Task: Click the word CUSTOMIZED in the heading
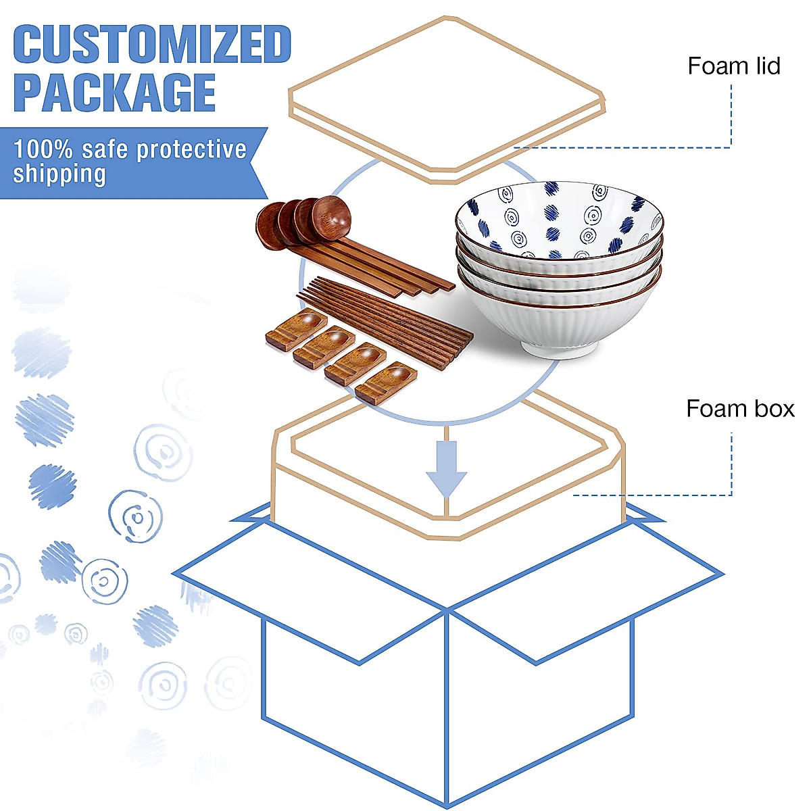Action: [152, 45]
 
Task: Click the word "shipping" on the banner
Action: [59, 174]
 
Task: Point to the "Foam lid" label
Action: [734, 66]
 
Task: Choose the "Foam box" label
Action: [740, 408]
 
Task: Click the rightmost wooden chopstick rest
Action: [385, 383]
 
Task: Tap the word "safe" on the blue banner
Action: [105, 149]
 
